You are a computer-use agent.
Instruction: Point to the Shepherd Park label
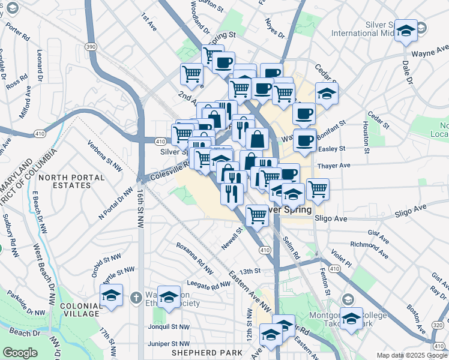click(x=197, y=352)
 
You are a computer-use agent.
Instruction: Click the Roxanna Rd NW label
click(x=194, y=258)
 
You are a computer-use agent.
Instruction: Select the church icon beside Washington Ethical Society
click(x=136, y=297)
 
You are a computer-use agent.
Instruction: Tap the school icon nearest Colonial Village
click(x=112, y=295)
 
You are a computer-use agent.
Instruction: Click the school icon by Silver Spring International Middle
click(x=406, y=31)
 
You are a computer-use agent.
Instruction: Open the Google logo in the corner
click(x=20, y=353)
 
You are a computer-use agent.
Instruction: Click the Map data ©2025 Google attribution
click(x=411, y=355)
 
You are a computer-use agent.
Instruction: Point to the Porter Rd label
click(x=17, y=32)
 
